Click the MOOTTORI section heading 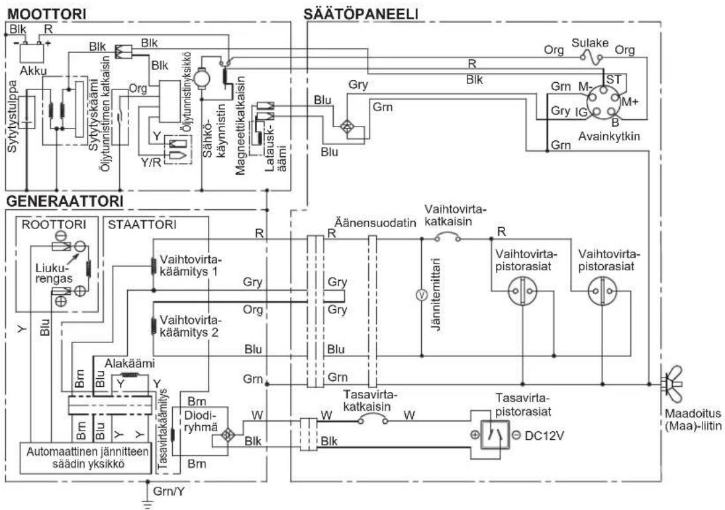click(47, 13)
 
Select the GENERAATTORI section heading click(65, 201)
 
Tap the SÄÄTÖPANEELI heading click(361, 13)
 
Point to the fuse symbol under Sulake click(591, 58)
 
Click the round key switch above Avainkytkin click(603, 102)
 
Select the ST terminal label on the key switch click(613, 79)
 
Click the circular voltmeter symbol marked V click(421, 295)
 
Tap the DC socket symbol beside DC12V click(495, 435)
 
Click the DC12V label click(545, 436)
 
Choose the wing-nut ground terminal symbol click(673, 383)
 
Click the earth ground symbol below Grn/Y click(147, 503)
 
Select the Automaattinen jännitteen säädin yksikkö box click(85, 458)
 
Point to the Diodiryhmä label click(201, 420)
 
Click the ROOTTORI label click(54, 225)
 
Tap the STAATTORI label click(142, 225)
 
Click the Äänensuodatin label click(375, 223)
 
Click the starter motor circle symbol click(201, 77)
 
